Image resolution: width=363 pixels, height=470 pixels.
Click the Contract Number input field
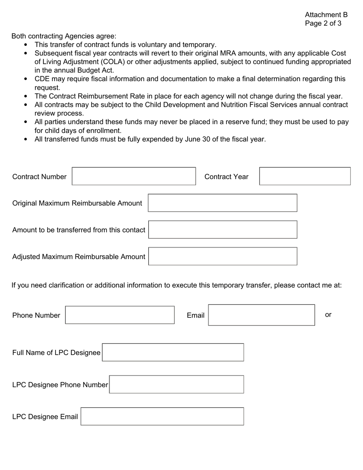pos(134,176)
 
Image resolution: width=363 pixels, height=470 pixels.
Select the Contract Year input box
pos(305,176)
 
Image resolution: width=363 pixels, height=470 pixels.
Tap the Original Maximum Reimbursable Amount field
pos(222,203)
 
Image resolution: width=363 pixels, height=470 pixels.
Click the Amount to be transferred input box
pos(222,230)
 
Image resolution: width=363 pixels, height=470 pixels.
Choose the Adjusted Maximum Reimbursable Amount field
pos(222,256)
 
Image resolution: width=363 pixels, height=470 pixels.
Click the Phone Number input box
pos(120,315)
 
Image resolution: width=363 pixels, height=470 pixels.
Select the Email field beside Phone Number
pos(261,315)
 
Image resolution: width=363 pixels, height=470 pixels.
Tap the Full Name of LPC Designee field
pos(173,352)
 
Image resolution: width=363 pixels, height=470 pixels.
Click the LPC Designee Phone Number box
pos(176,384)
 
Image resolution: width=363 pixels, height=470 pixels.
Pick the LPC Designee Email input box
pos(162,417)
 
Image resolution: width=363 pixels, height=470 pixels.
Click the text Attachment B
pos(326,15)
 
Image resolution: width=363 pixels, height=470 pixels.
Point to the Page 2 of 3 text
pos(323,23)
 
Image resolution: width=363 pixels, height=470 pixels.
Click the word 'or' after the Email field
pos(328,314)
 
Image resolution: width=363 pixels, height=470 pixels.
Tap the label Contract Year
pos(226,177)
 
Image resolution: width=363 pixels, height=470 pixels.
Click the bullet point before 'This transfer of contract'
pos(26,45)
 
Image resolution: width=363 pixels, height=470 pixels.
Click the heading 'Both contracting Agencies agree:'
pos(64,36)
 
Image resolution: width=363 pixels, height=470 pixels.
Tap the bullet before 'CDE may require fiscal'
pos(26,79)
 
